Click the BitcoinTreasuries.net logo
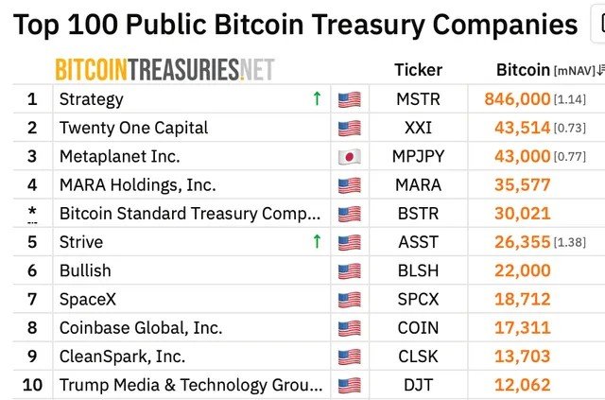tap(164, 69)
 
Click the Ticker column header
tap(418, 70)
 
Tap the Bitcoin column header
tap(523, 70)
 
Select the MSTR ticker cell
tap(418, 99)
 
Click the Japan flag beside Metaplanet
tap(350, 157)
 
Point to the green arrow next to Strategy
tap(318, 98)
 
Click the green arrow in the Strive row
tap(318, 241)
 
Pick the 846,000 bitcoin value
tap(517, 99)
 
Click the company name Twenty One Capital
tap(133, 128)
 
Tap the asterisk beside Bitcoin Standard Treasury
tap(32, 211)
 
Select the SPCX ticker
tap(418, 299)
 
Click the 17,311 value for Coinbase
tap(523, 328)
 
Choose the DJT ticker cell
tap(418, 385)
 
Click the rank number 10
tap(32, 385)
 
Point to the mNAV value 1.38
tap(570, 242)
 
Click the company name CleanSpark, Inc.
tap(122, 357)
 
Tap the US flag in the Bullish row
tap(350, 271)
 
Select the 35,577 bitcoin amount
tap(523, 185)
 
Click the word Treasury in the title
tap(368, 26)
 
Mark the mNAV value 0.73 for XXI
tap(570, 129)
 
